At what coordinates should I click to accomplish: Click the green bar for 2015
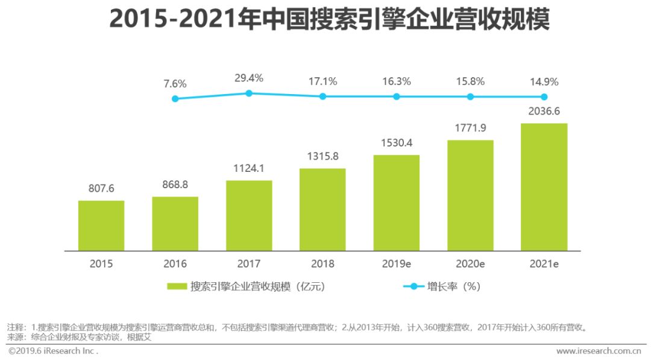101,226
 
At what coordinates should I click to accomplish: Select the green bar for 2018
322,209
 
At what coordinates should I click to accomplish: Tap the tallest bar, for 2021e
544,187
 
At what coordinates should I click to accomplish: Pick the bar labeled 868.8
175,224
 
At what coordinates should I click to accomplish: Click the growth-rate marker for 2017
249,93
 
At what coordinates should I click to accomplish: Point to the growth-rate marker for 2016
175,98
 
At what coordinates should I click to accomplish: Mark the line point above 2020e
470,96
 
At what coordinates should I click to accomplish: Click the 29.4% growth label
249,78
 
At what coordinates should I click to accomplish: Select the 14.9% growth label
544,81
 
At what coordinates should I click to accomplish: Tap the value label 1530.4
397,144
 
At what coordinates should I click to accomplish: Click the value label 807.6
101,189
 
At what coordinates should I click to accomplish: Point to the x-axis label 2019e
397,264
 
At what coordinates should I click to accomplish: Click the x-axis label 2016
175,264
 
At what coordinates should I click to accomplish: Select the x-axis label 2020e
470,264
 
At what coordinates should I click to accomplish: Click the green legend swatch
177,287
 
